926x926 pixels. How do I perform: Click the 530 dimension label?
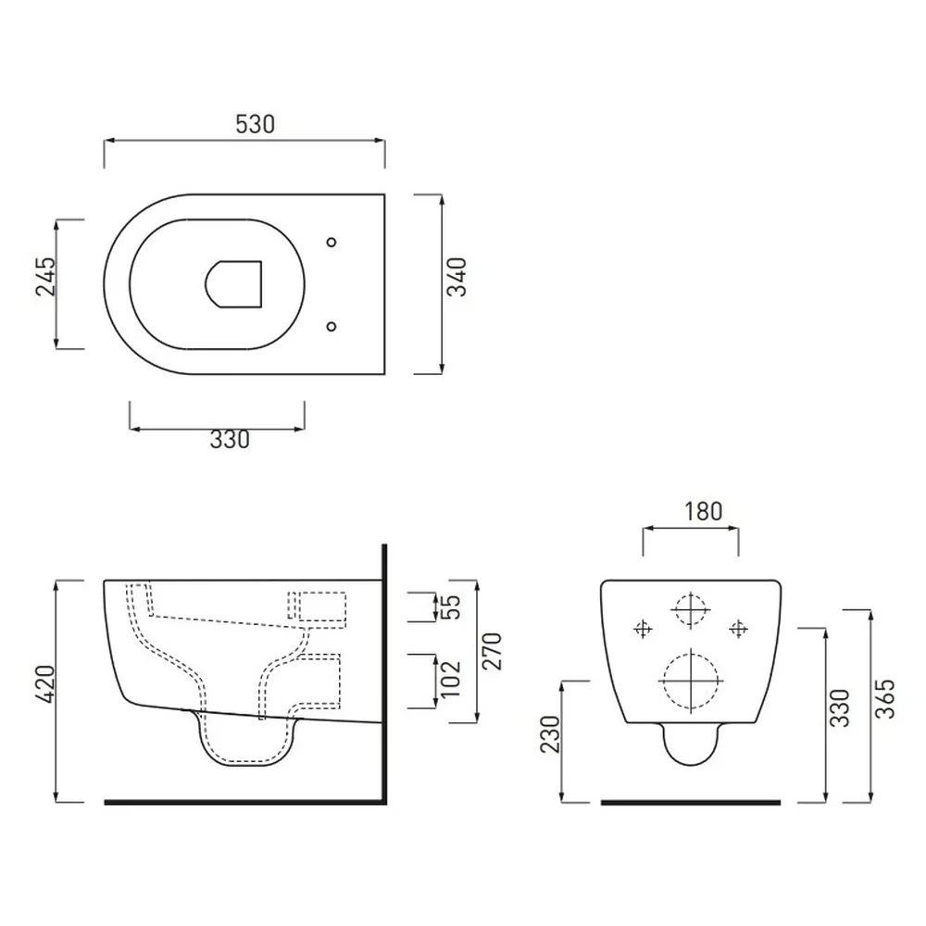coord(256,125)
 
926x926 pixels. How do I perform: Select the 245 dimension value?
coord(45,276)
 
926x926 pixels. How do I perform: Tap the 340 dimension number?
coord(457,277)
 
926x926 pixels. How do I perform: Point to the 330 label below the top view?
coord(230,439)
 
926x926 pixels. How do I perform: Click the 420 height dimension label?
coord(45,684)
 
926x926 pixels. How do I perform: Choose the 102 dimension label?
coord(450,679)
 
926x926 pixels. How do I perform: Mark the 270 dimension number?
coord(492,651)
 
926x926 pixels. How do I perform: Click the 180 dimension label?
coord(703,511)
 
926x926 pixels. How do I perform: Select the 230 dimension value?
coord(550,734)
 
